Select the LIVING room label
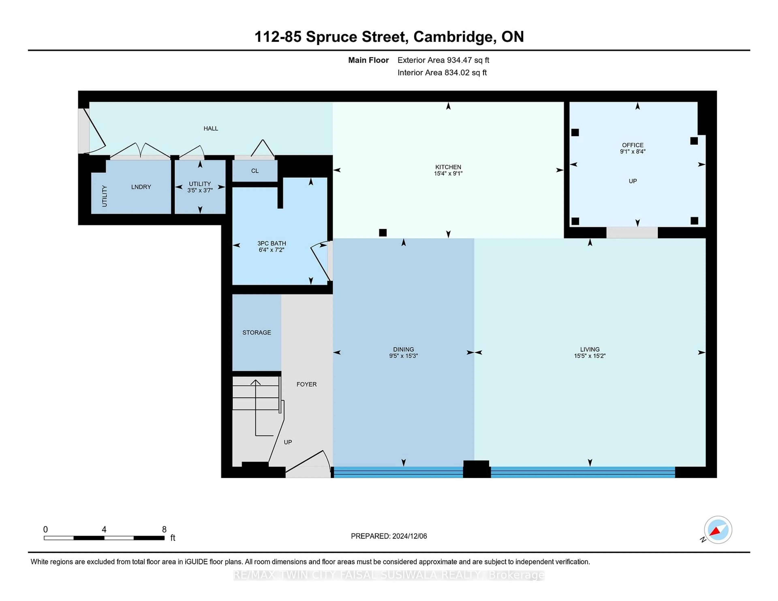(x=590, y=349)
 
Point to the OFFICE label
(x=633, y=145)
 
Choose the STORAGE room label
(x=256, y=332)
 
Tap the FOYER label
(x=306, y=384)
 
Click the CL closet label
(x=255, y=171)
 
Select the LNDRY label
(x=141, y=187)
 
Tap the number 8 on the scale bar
(x=164, y=530)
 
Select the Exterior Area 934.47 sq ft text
(x=443, y=60)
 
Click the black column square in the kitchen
(x=383, y=233)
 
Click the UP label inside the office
(x=633, y=181)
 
